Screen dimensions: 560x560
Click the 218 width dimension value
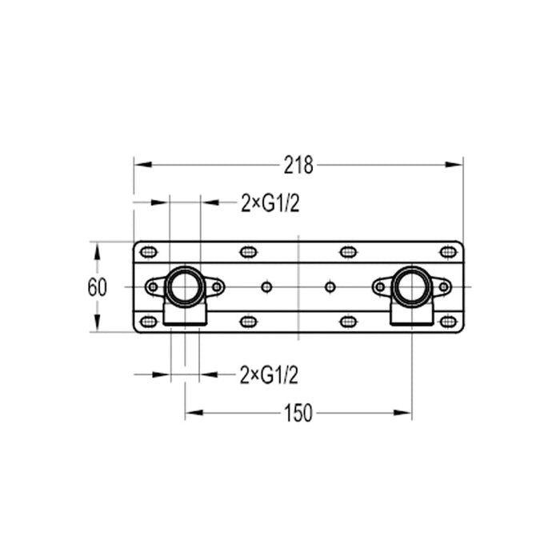[x=298, y=166]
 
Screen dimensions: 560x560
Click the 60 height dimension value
[x=97, y=287]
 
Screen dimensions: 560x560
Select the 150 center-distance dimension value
[x=298, y=414]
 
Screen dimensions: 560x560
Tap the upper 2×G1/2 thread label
[x=270, y=204]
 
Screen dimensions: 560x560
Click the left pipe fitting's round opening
[x=185, y=286]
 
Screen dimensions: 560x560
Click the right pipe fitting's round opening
[x=411, y=286]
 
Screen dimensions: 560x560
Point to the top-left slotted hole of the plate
[x=149, y=252]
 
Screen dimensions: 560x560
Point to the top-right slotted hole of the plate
[x=448, y=252]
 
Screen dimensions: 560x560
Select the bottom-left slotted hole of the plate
[x=149, y=322]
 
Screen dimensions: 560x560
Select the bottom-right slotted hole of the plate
[x=448, y=322]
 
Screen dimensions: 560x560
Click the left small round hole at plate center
[x=266, y=286]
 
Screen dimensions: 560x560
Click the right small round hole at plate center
[x=330, y=286]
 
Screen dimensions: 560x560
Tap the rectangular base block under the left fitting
[x=185, y=315]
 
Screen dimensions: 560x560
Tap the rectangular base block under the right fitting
[x=411, y=315]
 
